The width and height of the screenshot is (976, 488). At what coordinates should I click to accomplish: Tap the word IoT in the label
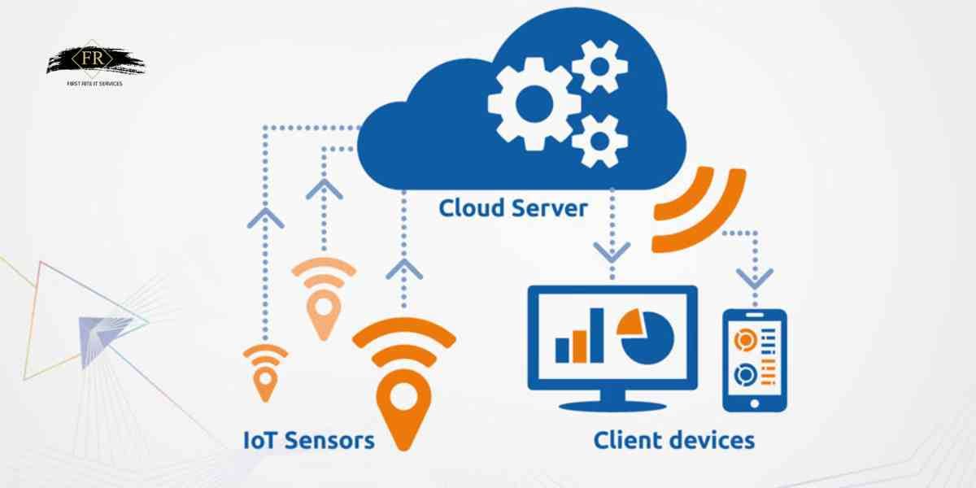click(260, 440)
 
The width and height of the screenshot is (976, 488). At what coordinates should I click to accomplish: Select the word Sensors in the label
click(333, 440)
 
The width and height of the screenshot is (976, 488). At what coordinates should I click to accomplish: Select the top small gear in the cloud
click(599, 64)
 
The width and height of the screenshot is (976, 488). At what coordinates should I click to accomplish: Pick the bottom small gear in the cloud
click(600, 140)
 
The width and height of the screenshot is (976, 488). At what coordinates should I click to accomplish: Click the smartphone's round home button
click(754, 403)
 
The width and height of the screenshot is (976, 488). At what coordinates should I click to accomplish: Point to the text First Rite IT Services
click(95, 83)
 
